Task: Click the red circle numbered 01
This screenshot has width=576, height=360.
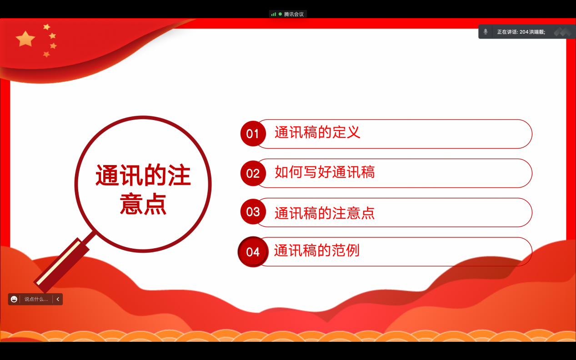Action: tap(253, 134)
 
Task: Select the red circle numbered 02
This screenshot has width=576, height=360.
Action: tap(253, 173)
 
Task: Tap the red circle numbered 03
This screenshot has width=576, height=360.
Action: tap(253, 212)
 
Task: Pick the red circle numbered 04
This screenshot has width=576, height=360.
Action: tap(253, 252)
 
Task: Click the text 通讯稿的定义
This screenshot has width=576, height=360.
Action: tap(317, 132)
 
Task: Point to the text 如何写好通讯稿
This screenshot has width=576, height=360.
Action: tap(325, 172)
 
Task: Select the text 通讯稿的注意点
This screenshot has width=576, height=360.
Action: tap(325, 213)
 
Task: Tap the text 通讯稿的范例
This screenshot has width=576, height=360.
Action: tap(317, 250)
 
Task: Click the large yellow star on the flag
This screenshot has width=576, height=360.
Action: tap(25, 39)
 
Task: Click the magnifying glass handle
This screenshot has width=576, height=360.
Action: tap(62, 265)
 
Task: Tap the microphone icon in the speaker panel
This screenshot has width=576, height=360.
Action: tap(486, 32)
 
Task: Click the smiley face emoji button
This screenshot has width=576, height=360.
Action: tap(14, 299)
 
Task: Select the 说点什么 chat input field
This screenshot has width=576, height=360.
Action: tap(36, 299)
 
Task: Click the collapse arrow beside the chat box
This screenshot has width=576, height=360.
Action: tap(58, 299)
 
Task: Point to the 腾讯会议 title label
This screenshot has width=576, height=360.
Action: tap(294, 14)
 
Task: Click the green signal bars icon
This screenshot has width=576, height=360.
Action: tap(274, 14)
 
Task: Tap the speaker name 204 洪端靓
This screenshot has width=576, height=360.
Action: tap(532, 32)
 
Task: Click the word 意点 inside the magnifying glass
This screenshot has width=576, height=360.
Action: tap(143, 204)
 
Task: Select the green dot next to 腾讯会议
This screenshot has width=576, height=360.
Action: tap(280, 14)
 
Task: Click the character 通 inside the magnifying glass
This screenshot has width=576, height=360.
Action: tap(107, 175)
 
